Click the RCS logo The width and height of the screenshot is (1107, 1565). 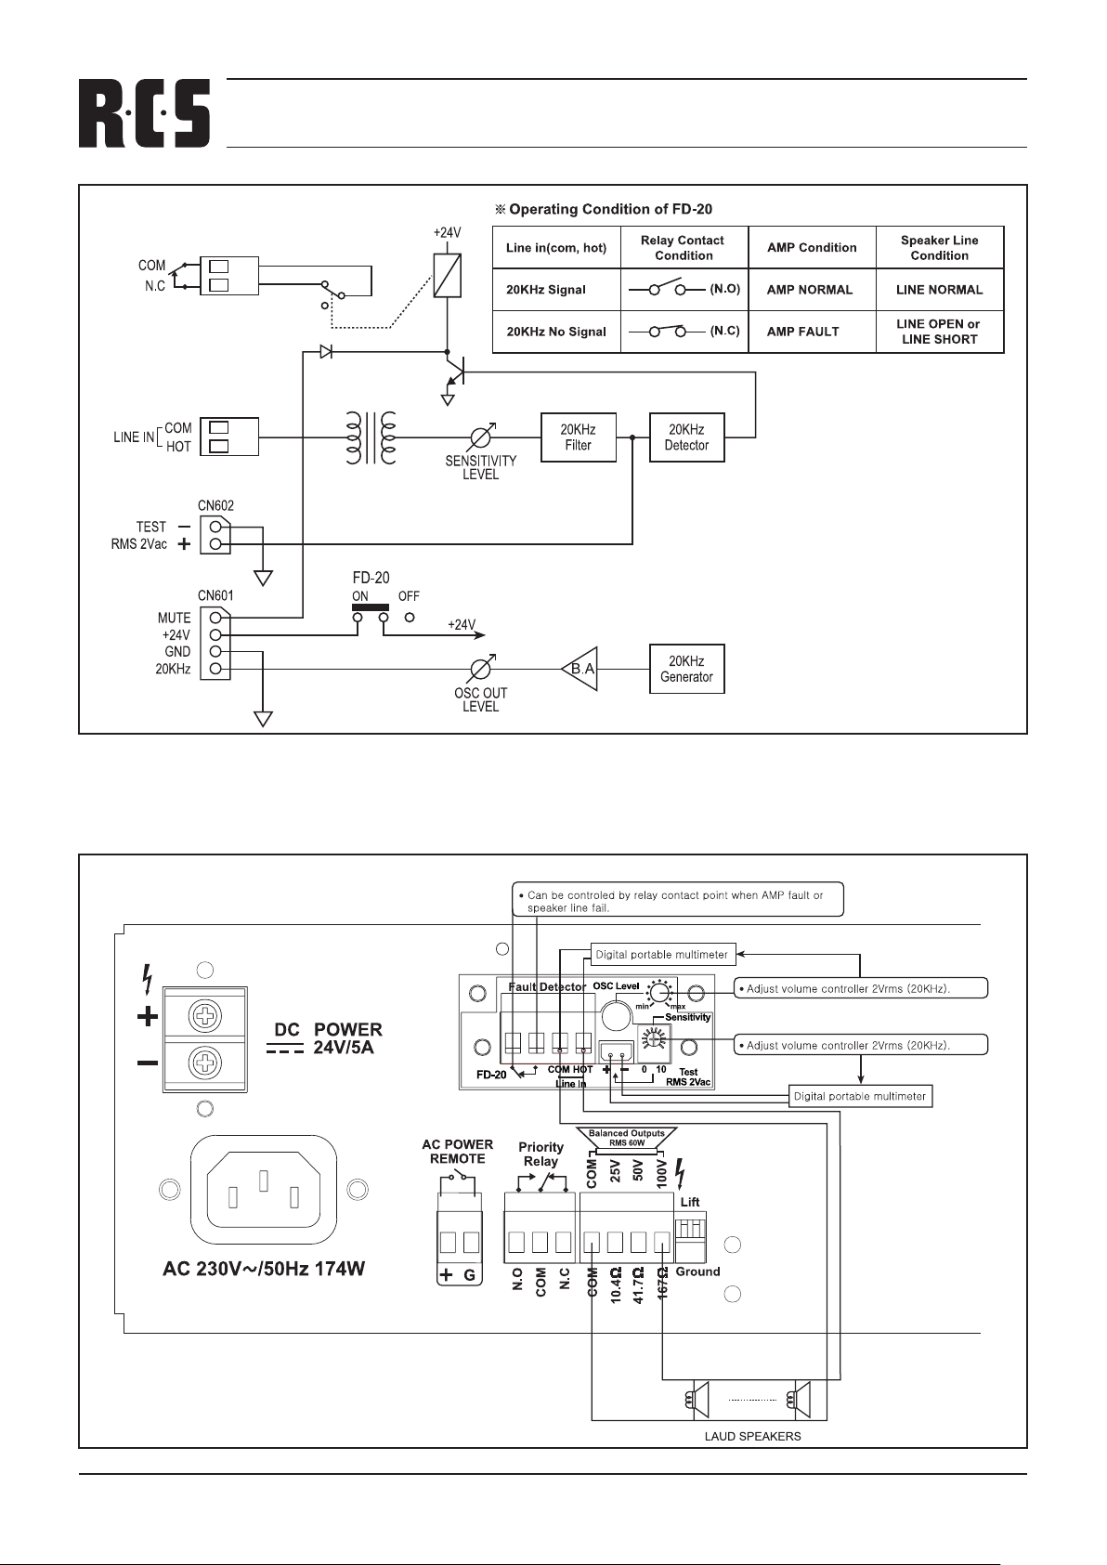pos(144,113)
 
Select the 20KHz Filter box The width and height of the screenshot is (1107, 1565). pos(578,437)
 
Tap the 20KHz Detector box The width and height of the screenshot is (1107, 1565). pos(686,437)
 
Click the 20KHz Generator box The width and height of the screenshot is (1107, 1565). pos(686,669)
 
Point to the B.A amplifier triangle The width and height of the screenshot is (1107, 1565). pos(580,669)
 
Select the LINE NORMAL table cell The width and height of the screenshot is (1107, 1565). pos(939,290)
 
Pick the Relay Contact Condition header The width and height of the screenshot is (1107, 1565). pos(683,248)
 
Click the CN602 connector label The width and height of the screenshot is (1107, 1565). pos(215,506)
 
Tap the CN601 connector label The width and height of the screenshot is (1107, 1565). pos(215,596)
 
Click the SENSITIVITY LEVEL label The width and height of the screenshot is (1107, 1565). pos(480,467)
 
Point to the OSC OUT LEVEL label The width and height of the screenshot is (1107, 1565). pos(480,699)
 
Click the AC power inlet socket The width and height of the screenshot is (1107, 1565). pos(264,1189)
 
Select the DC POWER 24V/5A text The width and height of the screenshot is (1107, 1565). pos(328,1038)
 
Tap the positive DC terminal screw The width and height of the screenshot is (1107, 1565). pos(204,1018)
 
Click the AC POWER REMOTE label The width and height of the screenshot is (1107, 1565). pos(457,1152)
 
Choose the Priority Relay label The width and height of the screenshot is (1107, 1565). pos(540,1154)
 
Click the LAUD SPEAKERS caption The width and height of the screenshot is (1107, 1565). pos(752,1436)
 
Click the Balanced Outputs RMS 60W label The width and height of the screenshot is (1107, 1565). pos(627,1137)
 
